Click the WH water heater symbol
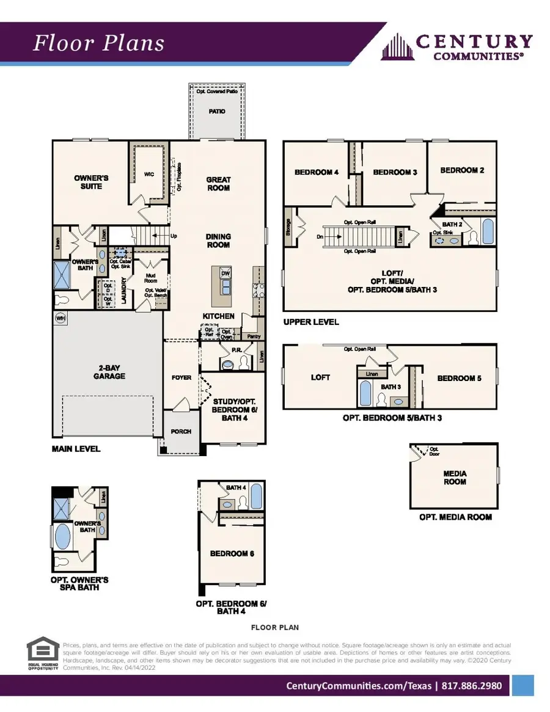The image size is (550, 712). pyautogui.click(x=60, y=318)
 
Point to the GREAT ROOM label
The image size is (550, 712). pyautogui.click(x=218, y=184)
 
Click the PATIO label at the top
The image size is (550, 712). pyautogui.click(x=217, y=112)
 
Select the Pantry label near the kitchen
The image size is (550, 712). pyautogui.click(x=252, y=336)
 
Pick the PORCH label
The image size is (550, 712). pyautogui.click(x=181, y=431)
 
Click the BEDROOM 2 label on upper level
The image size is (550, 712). pyautogui.click(x=462, y=170)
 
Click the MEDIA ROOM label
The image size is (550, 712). pyautogui.click(x=455, y=478)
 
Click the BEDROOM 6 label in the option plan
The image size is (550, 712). pyautogui.click(x=232, y=553)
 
